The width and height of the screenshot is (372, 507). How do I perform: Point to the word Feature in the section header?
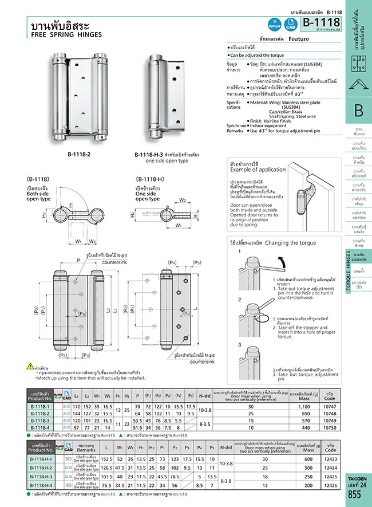(x=299, y=39)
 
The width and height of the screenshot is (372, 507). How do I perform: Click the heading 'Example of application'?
(x=256, y=170)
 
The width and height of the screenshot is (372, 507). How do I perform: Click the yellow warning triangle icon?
(x=30, y=366)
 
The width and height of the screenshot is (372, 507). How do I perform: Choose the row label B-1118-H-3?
(x=42, y=476)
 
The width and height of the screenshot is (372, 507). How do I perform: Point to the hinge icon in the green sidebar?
(x=358, y=82)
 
